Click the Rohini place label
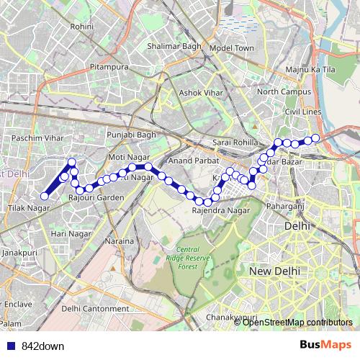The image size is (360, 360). click(83, 26)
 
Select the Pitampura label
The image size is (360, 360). click(109, 67)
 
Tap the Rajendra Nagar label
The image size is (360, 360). click(221, 210)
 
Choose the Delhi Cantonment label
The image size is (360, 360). click(95, 308)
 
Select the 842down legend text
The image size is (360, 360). click(42, 346)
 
